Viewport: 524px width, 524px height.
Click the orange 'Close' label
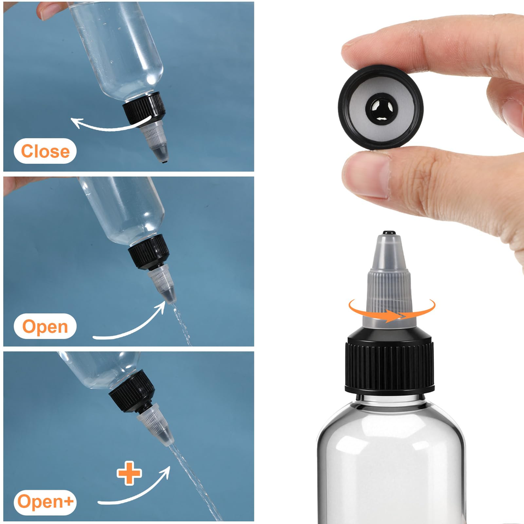(45, 151)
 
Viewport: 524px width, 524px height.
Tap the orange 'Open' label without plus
(45, 326)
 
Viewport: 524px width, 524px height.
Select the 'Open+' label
(45, 502)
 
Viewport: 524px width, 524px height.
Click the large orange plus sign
(129, 473)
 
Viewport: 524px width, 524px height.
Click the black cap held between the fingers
(380, 107)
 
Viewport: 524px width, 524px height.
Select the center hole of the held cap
(382, 109)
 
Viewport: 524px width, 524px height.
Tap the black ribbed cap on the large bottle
(390, 361)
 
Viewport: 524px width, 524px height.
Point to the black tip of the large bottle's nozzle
(389, 233)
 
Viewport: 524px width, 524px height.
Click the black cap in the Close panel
(144, 108)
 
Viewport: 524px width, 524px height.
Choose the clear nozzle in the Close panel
(156, 142)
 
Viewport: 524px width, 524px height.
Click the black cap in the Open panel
(149, 252)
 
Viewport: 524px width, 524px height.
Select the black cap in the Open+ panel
(132, 391)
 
